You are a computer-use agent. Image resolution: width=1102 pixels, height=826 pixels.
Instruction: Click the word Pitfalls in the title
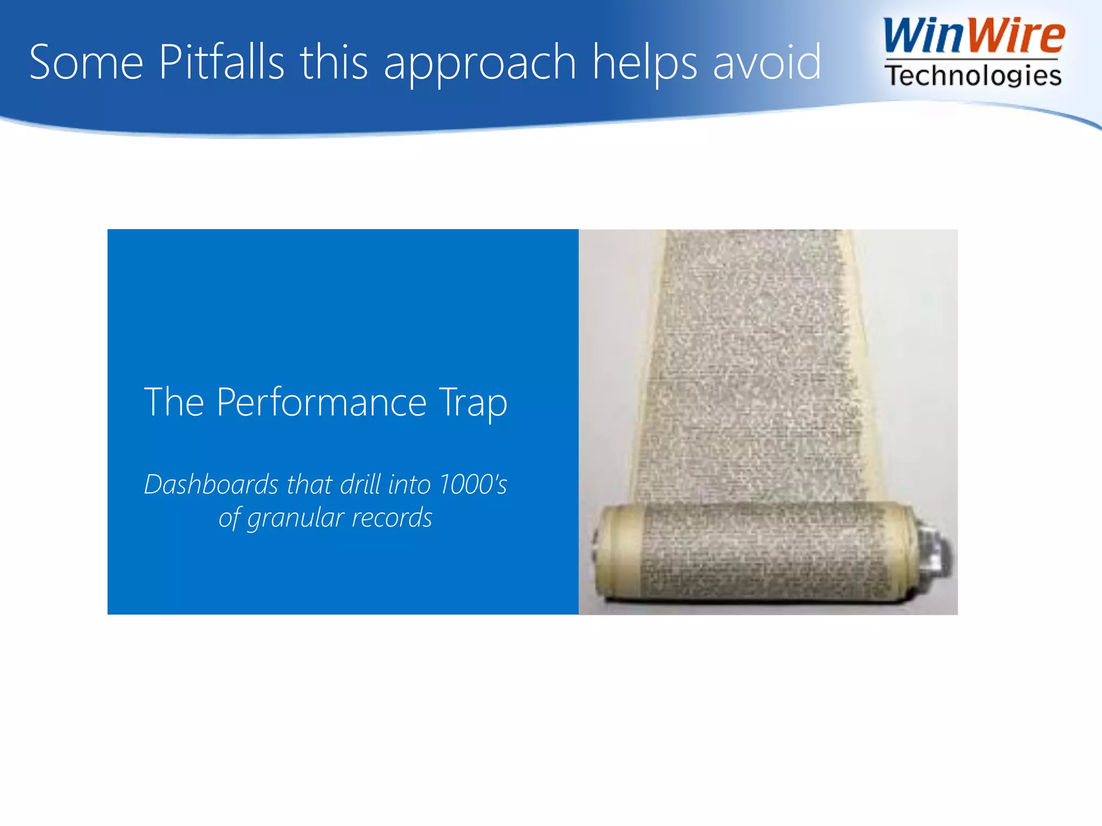click(x=221, y=62)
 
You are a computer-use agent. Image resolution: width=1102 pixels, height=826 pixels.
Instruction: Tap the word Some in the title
click(x=86, y=62)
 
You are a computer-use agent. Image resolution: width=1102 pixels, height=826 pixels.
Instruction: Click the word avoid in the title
click(x=767, y=62)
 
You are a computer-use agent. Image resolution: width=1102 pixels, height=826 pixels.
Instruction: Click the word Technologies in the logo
click(x=973, y=75)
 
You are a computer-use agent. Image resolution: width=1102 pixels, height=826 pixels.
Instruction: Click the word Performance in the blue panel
click(x=322, y=402)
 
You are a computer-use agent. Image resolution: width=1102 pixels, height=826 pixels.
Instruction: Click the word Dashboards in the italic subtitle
click(x=211, y=484)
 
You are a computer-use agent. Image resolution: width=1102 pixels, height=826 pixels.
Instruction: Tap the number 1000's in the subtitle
click(x=473, y=484)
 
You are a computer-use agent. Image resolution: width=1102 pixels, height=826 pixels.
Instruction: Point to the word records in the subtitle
click(x=392, y=517)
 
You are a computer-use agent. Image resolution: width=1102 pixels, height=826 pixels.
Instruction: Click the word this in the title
click(x=334, y=62)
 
